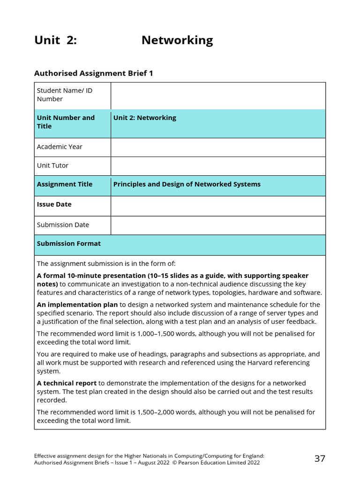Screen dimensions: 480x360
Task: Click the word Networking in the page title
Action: [177, 40]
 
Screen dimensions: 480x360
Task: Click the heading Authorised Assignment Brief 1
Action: [94, 73]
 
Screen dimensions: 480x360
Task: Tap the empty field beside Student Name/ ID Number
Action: [218, 96]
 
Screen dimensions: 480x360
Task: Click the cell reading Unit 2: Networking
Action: [145, 118]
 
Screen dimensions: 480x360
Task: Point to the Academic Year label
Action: [60, 147]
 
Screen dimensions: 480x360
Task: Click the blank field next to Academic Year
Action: [218, 147]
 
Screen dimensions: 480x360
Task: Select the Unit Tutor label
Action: [52, 165]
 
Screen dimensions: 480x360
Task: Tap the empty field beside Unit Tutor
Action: [218, 166]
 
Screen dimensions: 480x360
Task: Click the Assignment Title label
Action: [65, 184]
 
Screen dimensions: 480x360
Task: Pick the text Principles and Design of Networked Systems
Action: [187, 184]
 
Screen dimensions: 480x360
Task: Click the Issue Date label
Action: [54, 204]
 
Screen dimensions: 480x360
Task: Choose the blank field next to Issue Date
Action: [218, 206]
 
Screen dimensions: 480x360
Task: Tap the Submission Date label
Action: [63, 225]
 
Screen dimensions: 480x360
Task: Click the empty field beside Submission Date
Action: [218, 225]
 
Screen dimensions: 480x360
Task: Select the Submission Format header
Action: [69, 243]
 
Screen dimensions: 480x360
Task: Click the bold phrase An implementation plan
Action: [77, 305]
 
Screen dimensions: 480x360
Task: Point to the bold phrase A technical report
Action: [67, 383]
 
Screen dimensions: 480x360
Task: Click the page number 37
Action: [320, 458]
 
